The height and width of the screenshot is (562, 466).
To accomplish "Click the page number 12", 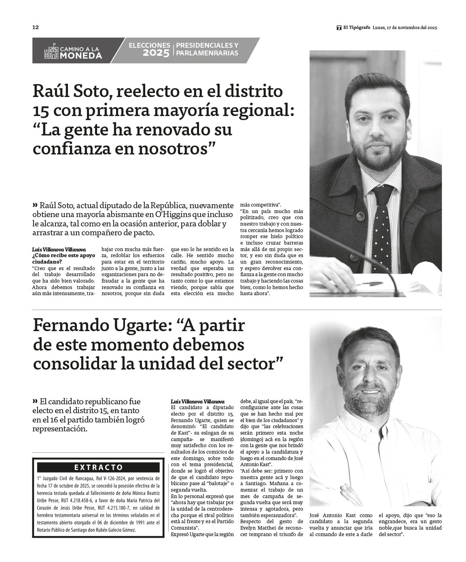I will (x=36, y=27).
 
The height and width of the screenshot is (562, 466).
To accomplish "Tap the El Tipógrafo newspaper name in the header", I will (x=356, y=27).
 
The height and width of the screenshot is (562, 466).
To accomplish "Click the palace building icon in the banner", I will (x=51, y=51).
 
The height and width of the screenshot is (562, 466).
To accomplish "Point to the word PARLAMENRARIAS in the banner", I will (x=208, y=53).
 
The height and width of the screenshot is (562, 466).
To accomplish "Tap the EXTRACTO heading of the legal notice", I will (x=98, y=467).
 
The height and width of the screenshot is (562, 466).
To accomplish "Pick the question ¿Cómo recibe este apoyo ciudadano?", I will (x=64, y=258).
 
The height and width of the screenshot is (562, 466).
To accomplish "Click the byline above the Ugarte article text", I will (x=197, y=401).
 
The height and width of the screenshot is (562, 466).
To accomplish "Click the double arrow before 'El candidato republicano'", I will (x=35, y=401).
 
